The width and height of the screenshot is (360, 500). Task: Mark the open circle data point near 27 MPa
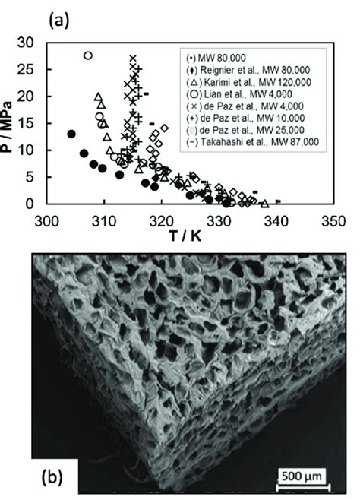click(x=87, y=55)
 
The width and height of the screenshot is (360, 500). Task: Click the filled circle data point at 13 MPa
click(x=71, y=134)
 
